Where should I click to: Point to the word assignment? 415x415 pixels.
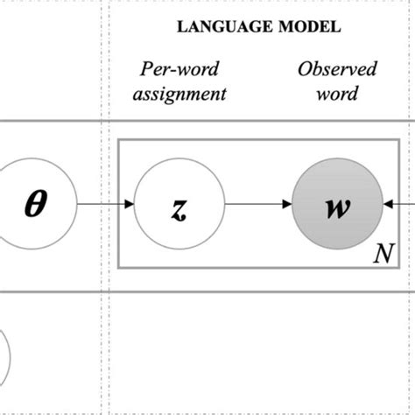point(179,92)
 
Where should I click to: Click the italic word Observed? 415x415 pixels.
point(336,69)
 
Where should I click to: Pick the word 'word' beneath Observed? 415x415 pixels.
point(336,92)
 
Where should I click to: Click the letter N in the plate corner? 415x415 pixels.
point(383,254)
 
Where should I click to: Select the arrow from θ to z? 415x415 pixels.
point(105,204)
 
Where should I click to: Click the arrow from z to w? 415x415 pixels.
point(257,204)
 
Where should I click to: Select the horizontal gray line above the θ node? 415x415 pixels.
point(53,122)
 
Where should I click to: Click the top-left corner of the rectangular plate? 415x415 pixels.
point(120,140)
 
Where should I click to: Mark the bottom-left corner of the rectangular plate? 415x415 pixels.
point(120,267)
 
